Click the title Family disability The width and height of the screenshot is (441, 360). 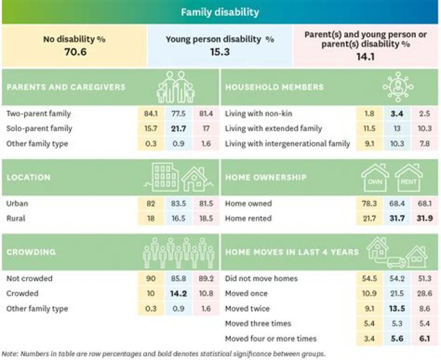(220, 12)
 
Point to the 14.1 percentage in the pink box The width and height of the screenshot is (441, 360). (366, 58)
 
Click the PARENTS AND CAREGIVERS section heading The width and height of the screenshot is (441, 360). (66, 87)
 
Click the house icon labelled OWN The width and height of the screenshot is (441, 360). (374, 178)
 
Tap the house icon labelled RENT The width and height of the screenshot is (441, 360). (409, 178)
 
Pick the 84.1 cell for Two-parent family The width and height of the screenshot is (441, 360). (149, 114)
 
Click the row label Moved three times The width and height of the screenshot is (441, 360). (257, 323)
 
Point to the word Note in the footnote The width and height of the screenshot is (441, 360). (10, 353)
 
